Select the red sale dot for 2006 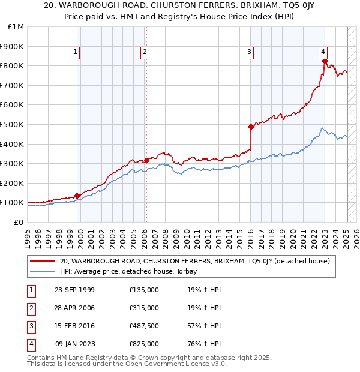coord(146,160)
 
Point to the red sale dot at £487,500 coord(251,127)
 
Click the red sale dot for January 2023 coord(325,61)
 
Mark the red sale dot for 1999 coord(77,196)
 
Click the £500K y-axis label coord(13,124)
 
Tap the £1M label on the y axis coord(16,27)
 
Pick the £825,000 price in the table coord(144,344)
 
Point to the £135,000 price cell coord(144,290)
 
